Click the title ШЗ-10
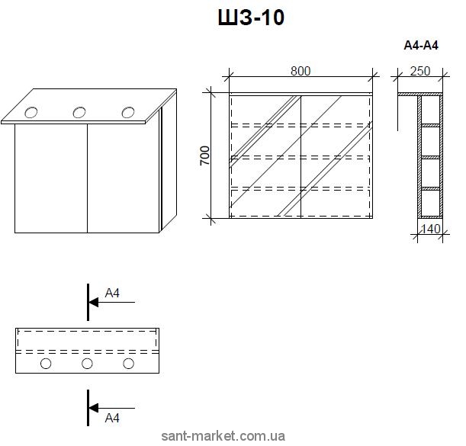[x=250, y=18]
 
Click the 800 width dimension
[x=300, y=71]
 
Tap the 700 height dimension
[x=205, y=156]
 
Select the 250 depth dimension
[x=419, y=71]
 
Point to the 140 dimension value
[x=431, y=227]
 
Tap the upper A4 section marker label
[x=112, y=293]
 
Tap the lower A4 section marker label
[x=112, y=418]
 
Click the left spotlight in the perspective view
[x=31, y=114]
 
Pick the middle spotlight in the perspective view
[x=79, y=113]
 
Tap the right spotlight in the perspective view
[x=127, y=112]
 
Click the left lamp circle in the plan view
[x=46, y=364]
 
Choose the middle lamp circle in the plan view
[x=87, y=364]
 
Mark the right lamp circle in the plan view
[x=128, y=364]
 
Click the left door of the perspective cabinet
[x=51, y=177]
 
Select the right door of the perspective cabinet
[x=122, y=177]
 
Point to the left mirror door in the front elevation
[x=265, y=156]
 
